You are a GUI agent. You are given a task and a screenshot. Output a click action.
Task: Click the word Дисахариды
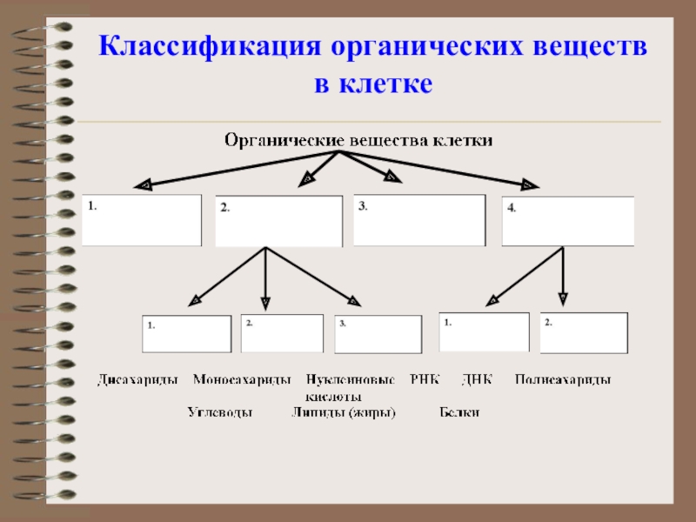click(138, 380)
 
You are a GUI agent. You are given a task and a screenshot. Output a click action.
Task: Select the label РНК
click(425, 380)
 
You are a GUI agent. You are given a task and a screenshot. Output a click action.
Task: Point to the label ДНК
click(478, 380)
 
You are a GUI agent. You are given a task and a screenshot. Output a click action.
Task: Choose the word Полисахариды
click(563, 380)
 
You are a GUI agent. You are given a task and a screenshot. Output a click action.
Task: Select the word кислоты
click(332, 396)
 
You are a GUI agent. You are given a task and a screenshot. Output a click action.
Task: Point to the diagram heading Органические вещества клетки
click(358, 140)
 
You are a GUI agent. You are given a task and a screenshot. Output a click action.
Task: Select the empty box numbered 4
click(568, 221)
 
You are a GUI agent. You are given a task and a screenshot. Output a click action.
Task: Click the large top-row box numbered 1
click(141, 219)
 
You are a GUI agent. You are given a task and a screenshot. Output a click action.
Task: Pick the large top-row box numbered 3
click(419, 219)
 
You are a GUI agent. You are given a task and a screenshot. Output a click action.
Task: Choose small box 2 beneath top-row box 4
click(584, 332)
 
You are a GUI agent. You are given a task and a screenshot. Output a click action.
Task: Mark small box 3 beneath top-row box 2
click(378, 333)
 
